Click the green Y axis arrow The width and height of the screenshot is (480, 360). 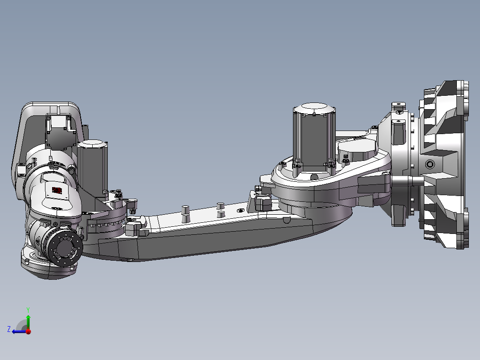[x=28, y=321]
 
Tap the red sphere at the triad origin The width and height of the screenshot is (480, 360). [x=28, y=331]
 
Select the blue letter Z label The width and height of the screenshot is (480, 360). [x=9, y=329]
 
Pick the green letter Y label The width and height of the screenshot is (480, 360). [x=28, y=309]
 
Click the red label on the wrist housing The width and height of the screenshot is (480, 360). [x=57, y=190]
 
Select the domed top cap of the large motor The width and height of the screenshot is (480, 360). [x=315, y=108]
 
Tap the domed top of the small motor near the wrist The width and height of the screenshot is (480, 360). [x=93, y=143]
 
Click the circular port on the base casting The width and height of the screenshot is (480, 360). [x=429, y=164]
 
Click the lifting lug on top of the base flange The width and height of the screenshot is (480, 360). [x=399, y=107]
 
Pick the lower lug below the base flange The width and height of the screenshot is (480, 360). [x=399, y=220]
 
